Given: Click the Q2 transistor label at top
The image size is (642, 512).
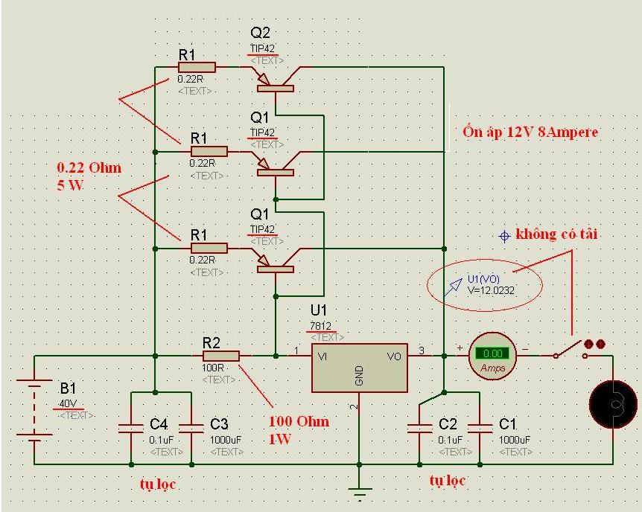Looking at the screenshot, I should [x=261, y=33].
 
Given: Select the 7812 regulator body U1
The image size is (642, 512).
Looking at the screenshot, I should [x=359, y=368].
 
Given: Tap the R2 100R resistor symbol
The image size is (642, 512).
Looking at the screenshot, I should [x=221, y=356].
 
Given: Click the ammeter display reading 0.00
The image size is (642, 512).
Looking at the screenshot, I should [x=492, y=353].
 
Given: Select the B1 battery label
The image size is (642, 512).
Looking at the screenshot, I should [x=68, y=388].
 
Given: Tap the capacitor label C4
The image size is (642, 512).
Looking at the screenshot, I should [x=159, y=423].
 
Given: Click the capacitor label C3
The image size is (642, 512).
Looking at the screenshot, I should [x=219, y=423].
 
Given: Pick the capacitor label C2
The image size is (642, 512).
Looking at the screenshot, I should [x=448, y=423].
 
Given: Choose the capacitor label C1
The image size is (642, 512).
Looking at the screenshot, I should [x=508, y=423].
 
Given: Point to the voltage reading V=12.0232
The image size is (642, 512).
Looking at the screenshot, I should [x=491, y=290].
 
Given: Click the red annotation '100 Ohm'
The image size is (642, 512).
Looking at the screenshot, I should [x=299, y=422].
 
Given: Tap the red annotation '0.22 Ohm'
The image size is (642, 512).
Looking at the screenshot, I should [x=89, y=167].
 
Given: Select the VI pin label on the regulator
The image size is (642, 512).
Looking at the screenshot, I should [x=322, y=356].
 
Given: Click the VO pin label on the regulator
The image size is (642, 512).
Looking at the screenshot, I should [x=395, y=356].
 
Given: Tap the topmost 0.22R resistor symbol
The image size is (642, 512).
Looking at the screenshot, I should [x=197, y=68].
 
